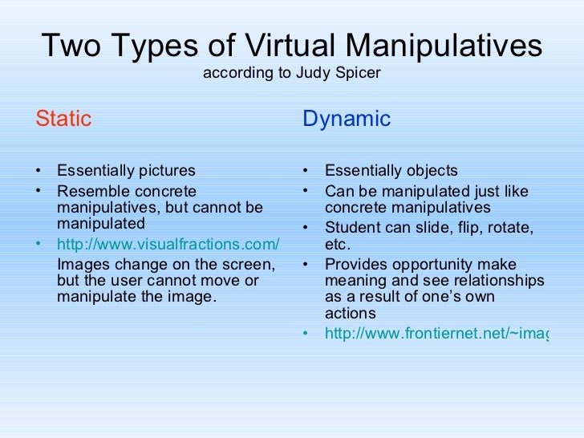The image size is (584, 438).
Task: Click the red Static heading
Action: click(x=63, y=120)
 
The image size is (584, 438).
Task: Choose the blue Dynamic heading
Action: click(x=347, y=120)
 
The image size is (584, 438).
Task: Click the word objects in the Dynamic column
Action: click(x=431, y=171)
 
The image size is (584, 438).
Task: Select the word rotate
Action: click(x=513, y=228)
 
